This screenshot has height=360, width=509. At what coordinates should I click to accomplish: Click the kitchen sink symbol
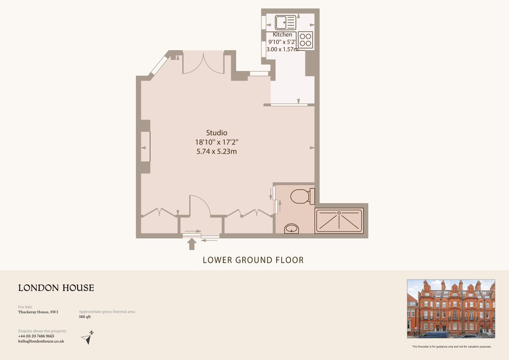pyautogui.click(x=285, y=22)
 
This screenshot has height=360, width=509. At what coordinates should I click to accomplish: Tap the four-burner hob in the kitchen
pyautogui.click(x=305, y=39)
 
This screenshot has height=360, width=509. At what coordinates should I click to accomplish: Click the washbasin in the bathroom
pyautogui.click(x=291, y=229)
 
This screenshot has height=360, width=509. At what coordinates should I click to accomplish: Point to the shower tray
pyautogui.click(x=339, y=220)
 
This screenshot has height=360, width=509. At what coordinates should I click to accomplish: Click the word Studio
pyautogui.click(x=217, y=133)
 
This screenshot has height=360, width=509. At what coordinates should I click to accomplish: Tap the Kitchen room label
pyautogui.click(x=282, y=34)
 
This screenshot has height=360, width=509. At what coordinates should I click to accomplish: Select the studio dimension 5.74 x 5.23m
pyautogui.click(x=217, y=151)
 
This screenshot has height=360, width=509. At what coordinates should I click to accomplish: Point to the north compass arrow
pyautogui.click(x=88, y=338)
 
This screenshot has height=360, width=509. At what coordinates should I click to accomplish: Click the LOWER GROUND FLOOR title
pyautogui.click(x=253, y=260)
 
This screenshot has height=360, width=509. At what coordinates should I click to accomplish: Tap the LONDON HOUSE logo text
pyautogui.click(x=56, y=288)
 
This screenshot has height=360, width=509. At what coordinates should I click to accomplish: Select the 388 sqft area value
pyautogui.click(x=85, y=317)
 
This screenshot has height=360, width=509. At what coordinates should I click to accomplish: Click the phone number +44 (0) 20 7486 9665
pyautogui.click(x=36, y=336)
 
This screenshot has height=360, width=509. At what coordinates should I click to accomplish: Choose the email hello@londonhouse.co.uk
pyautogui.click(x=41, y=341)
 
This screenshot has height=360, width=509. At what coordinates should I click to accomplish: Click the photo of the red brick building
pyautogui.click(x=451, y=309)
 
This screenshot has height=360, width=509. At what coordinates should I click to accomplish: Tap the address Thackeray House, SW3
pyautogui.click(x=38, y=312)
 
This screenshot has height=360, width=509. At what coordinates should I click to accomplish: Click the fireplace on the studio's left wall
pyautogui.click(x=145, y=147)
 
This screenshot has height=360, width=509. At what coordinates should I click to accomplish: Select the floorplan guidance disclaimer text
pyautogui.click(x=451, y=347)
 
